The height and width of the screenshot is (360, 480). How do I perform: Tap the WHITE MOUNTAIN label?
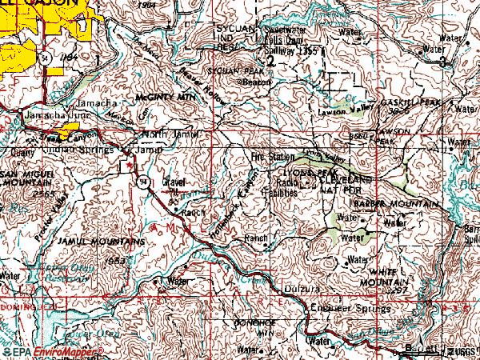point(381,278)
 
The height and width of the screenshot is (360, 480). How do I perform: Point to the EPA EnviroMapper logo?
point(52,351)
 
